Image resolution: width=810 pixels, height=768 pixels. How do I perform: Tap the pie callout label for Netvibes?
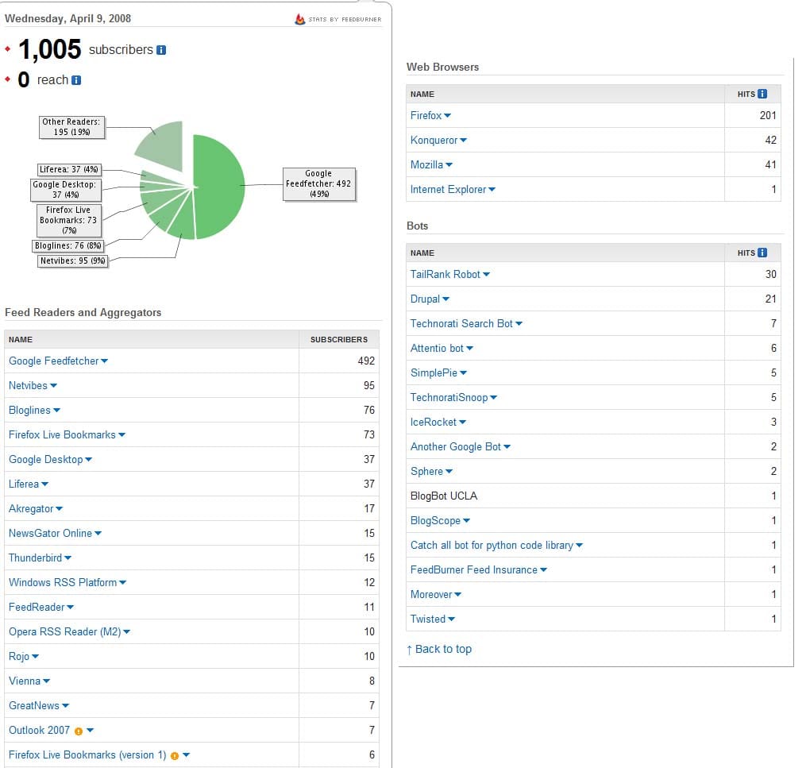(72, 261)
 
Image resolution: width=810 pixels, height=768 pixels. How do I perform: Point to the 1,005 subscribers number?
(49, 50)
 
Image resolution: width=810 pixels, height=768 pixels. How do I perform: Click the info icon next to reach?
(76, 80)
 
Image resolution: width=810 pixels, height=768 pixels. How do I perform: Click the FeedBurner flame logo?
(299, 19)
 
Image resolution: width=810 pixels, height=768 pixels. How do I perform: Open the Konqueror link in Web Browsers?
(434, 141)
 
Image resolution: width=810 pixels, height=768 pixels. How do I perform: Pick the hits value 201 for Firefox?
(767, 116)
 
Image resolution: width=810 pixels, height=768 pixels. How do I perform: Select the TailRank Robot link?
(445, 275)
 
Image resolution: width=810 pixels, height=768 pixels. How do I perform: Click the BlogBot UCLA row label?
(443, 496)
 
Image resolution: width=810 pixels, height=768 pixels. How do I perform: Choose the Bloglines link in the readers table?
(29, 411)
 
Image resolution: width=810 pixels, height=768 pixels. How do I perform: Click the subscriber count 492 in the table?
(365, 361)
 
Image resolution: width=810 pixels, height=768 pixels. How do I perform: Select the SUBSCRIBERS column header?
(338, 340)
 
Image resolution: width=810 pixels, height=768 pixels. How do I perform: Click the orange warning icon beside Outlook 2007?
(78, 731)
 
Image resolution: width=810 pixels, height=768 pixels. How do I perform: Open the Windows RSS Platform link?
(63, 583)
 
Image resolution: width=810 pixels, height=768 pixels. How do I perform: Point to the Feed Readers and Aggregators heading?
(83, 313)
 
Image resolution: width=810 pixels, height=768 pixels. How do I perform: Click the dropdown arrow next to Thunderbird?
(68, 558)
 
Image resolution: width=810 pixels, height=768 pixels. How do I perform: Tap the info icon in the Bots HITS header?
(762, 253)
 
